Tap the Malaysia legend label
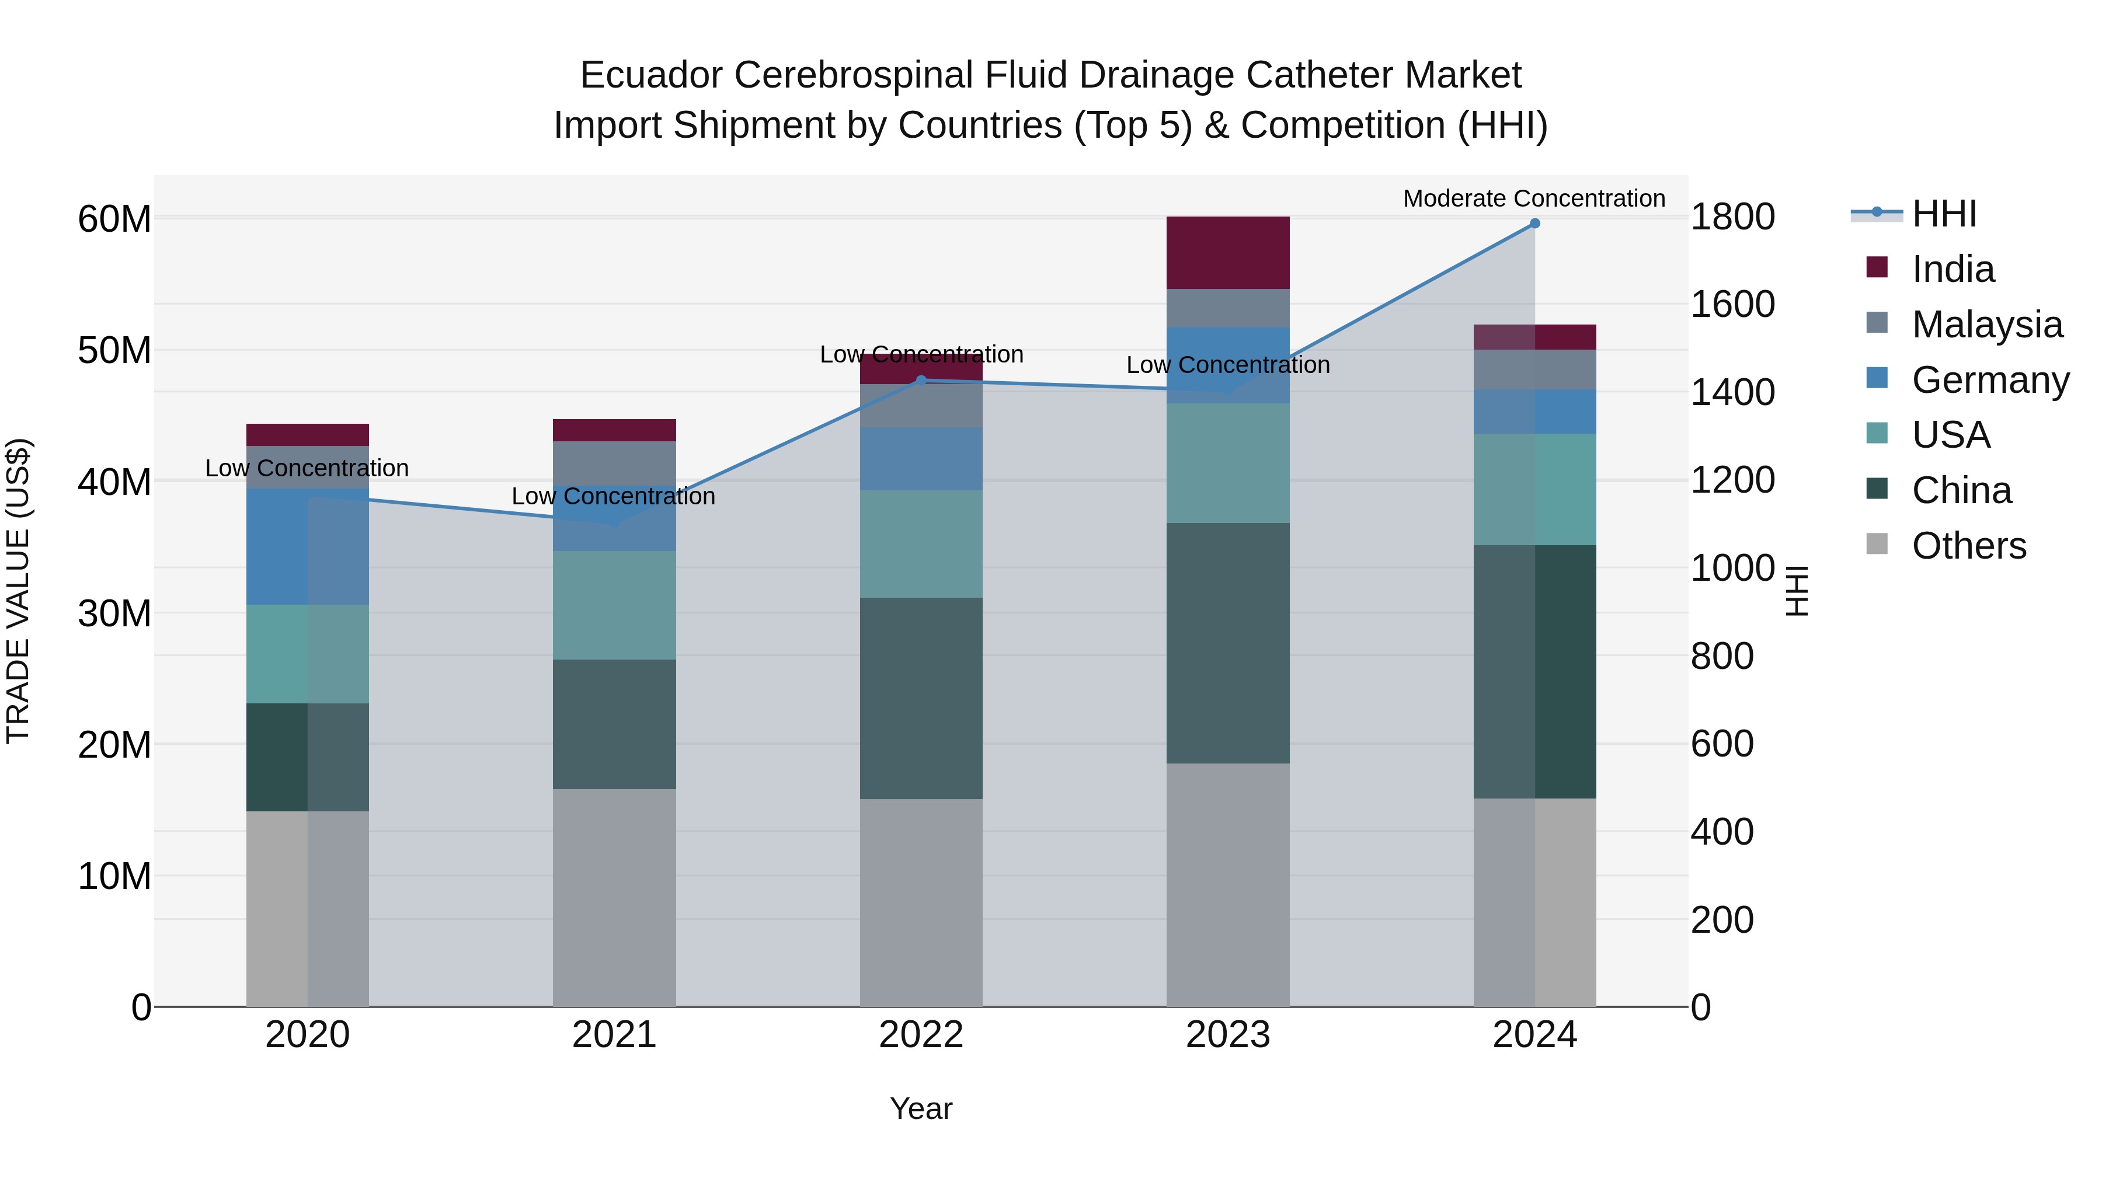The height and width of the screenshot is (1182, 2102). pos(1987,325)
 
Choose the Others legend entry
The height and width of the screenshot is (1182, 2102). pos(1968,546)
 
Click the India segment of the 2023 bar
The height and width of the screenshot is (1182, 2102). pos(1227,252)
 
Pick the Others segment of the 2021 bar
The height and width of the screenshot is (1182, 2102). pos(614,897)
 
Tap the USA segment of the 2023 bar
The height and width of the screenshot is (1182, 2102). pos(1227,462)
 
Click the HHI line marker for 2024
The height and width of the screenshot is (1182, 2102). pos(1534,224)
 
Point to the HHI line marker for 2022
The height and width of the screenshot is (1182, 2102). pos(921,380)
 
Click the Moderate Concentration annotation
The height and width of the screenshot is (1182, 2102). pos(1533,198)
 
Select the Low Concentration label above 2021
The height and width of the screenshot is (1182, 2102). pos(613,496)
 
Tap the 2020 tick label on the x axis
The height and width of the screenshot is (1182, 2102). pos(308,1035)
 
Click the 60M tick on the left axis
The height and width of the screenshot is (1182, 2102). pos(114,219)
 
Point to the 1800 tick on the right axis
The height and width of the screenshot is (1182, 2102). pos(1732,217)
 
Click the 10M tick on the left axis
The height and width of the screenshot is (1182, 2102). pos(114,876)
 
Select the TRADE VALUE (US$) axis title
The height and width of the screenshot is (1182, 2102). pos(18,591)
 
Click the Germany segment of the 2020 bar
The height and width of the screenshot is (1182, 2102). pos(277,546)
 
